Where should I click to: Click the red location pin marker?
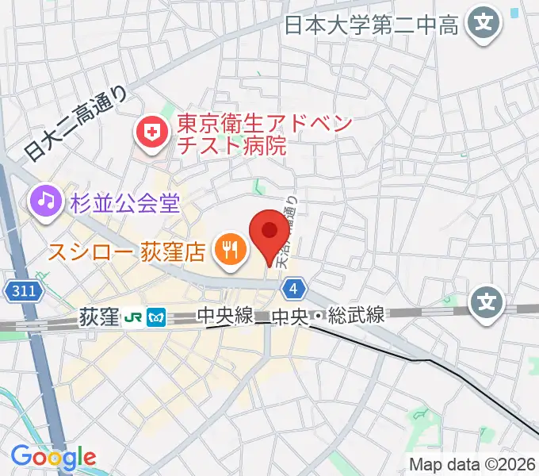pos(269,232)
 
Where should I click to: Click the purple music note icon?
pos(47,201)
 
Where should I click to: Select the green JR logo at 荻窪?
pos(134,318)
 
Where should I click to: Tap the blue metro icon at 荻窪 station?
pos(156,318)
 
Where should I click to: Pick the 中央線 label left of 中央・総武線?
pos(226,316)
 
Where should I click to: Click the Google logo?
pos(54,457)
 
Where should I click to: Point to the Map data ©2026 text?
pos(472,464)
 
